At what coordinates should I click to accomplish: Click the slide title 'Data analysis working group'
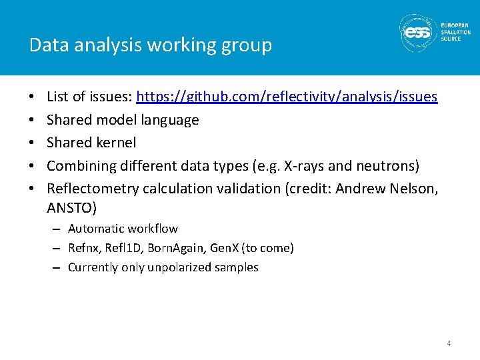(151, 45)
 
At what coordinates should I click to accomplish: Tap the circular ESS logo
(418, 32)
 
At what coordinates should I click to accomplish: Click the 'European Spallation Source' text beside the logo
(455, 32)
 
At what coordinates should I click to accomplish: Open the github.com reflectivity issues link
(287, 97)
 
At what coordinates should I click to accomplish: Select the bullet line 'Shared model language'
(123, 120)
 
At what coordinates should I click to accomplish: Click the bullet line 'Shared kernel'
(91, 143)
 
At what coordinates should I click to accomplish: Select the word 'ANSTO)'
(72, 209)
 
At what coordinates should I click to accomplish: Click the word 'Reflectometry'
(90, 189)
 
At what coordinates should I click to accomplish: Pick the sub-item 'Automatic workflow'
(123, 229)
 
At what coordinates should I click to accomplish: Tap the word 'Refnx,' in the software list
(85, 248)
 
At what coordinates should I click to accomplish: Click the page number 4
(449, 343)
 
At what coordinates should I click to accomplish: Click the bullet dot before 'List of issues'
(33, 97)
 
